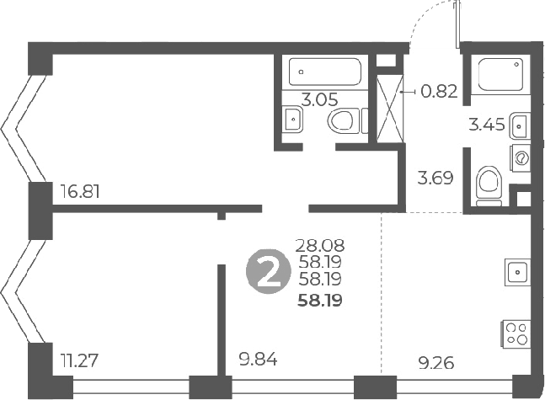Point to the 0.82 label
click(439, 92)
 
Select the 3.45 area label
click(486, 126)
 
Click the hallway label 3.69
click(436, 178)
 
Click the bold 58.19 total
click(319, 299)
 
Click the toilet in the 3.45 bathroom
click(488, 184)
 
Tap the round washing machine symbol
click(521, 157)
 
